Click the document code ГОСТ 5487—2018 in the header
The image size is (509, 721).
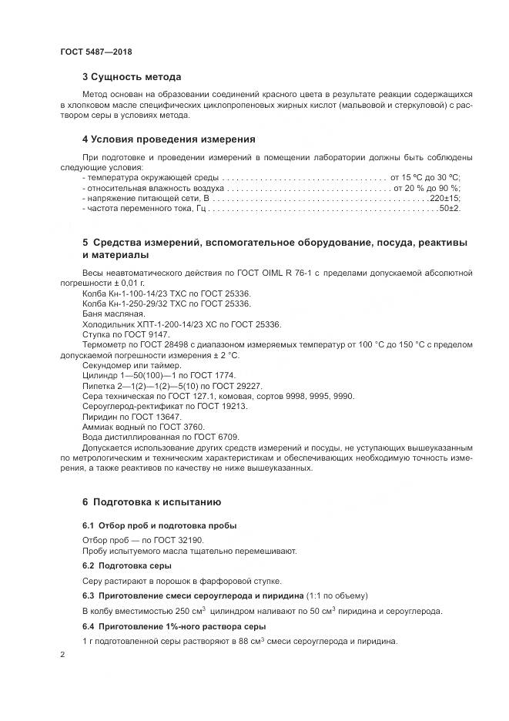(x=96, y=51)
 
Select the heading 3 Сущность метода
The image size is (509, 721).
(x=132, y=77)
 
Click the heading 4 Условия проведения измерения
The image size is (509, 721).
(x=169, y=139)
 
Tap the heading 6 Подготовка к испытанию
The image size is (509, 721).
(x=152, y=501)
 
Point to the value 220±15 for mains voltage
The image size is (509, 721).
(x=444, y=198)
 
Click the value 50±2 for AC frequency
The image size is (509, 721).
(x=450, y=209)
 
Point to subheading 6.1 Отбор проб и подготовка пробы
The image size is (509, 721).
(x=159, y=525)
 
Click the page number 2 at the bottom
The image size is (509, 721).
(x=62, y=654)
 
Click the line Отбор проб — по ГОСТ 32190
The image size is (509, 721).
(x=132, y=540)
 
